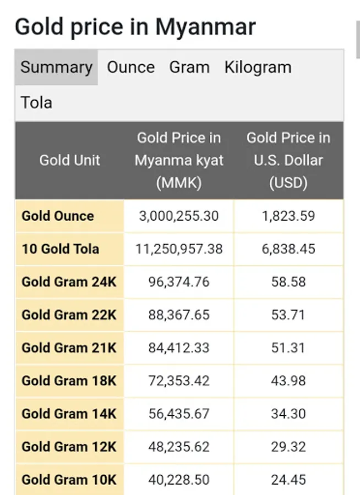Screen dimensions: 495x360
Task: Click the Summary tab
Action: (56, 68)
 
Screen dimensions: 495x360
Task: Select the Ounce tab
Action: (130, 68)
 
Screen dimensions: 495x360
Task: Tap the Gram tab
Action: (189, 68)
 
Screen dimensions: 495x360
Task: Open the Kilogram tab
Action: (258, 68)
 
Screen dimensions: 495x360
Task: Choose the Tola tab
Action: (36, 102)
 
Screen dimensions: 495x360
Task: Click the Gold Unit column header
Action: (69, 161)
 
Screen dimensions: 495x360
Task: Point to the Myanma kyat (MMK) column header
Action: (179, 161)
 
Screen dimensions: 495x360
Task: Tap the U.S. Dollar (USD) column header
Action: (288, 161)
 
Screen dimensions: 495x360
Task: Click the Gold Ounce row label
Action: (58, 216)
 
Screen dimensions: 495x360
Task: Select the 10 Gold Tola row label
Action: (61, 249)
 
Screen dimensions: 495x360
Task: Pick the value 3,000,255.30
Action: (179, 216)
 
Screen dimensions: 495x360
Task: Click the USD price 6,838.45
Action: (288, 249)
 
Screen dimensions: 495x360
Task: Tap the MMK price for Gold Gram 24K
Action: (179, 282)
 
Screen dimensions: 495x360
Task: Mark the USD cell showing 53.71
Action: (288, 315)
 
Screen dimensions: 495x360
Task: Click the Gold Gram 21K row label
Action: (69, 348)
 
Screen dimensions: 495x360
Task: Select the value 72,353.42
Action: (179, 381)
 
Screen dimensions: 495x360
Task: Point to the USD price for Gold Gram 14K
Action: (288, 414)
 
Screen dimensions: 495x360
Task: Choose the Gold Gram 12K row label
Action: (69, 447)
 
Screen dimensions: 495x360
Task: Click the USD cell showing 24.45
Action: (288, 480)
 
